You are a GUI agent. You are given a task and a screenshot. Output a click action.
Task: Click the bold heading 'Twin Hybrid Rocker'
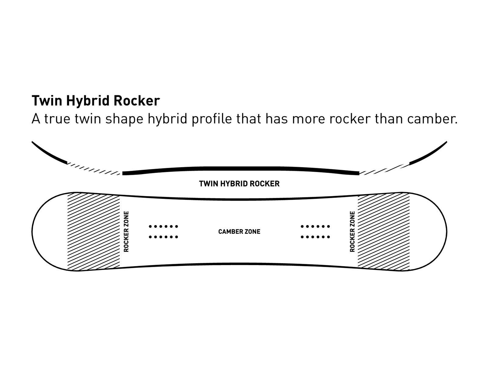pos(95,101)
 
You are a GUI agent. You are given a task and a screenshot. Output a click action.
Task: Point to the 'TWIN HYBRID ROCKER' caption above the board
pos(239,184)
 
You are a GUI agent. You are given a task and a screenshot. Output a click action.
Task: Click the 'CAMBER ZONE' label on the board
pos(239,232)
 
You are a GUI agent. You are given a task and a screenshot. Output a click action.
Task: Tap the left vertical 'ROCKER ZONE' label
pos(126,231)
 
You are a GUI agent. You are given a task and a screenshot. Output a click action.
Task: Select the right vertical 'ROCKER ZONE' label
pos(352,231)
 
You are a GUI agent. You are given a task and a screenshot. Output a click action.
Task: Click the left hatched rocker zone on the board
pos(93,231)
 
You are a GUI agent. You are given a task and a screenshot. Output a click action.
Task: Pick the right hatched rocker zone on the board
pos(383,231)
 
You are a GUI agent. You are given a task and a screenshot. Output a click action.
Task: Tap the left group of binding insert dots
pos(163,231)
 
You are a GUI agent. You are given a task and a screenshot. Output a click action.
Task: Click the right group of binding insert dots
pos(315,231)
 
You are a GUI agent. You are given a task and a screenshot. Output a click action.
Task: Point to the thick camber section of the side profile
pos(240,169)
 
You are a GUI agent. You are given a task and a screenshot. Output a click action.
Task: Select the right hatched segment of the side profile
pos(384,169)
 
